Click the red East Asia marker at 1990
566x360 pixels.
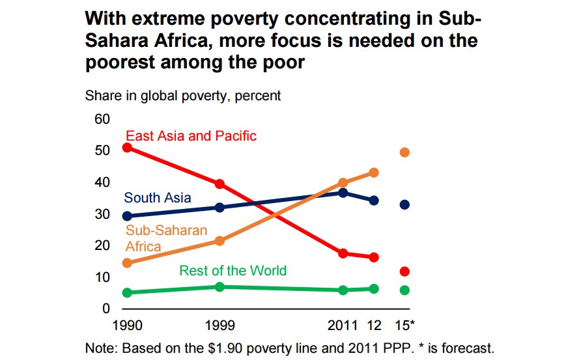[127, 148]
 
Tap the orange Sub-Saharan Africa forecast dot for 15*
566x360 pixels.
[404, 152]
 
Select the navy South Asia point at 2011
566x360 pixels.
[343, 193]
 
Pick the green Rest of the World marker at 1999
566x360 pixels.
[219, 287]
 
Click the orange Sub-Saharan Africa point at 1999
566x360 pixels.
[219, 241]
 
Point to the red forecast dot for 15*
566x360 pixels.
[404, 271]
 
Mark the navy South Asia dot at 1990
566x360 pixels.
[127, 216]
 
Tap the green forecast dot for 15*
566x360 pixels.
[404, 290]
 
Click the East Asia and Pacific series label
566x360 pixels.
[191, 136]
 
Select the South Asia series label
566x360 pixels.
[158, 197]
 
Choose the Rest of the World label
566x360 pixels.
[233, 270]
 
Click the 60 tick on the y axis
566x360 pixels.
[102, 120]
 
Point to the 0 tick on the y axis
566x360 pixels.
[106, 309]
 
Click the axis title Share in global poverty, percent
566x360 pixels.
[183, 96]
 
